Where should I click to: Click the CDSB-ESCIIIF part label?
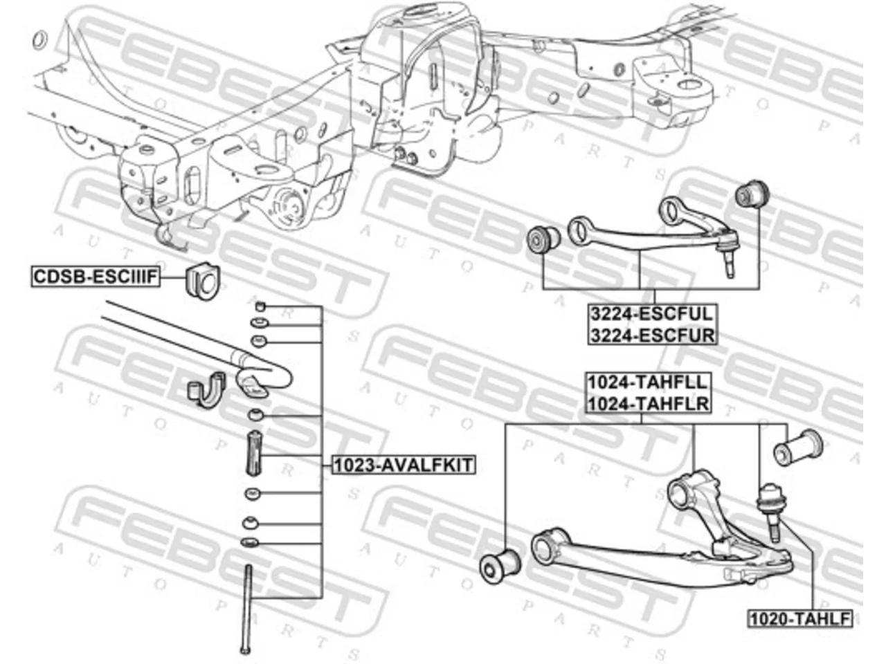[x=96, y=277]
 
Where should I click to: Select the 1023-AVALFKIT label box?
[x=404, y=465]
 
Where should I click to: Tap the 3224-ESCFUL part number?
[x=652, y=314]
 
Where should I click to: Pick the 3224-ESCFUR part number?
[x=652, y=335]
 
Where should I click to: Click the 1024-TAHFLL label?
[x=648, y=382]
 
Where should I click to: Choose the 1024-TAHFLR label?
[x=648, y=403]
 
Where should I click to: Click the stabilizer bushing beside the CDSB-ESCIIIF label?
[x=202, y=279]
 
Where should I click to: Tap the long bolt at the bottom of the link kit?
[x=247, y=610]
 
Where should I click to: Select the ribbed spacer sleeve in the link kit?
[x=253, y=453]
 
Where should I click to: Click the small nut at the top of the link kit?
[x=260, y=307]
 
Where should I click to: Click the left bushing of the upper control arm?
[x=543, y=240]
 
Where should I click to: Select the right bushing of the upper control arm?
[x=752, y=194]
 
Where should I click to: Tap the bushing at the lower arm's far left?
[x=499, y=566]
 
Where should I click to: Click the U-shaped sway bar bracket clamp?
[x=206, y=389]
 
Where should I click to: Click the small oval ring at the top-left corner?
[x=39, y=40]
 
